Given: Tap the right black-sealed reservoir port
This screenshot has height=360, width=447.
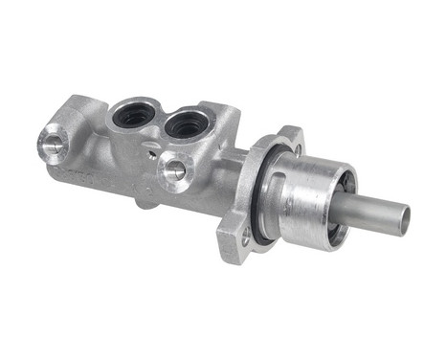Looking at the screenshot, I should pos(187,124).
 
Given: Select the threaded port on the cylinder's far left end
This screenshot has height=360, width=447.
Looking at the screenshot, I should pos(53,144).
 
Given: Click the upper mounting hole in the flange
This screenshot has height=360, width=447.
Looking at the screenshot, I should pos(296,149).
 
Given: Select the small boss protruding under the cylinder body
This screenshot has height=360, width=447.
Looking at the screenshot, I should pos(144,201).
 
